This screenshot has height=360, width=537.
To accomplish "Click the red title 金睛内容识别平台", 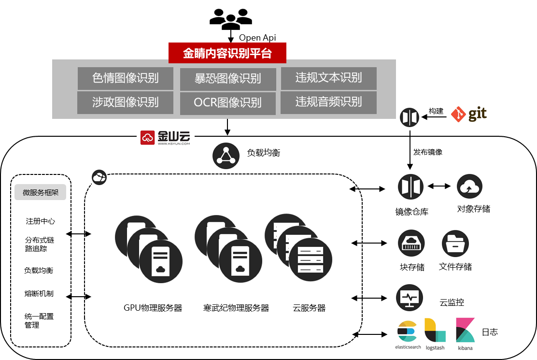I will coord(227,53).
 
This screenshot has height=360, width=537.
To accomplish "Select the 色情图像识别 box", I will coord(126,78).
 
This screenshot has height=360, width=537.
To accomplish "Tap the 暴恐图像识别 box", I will coord(228,79).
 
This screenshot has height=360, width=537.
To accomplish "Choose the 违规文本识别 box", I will coord(328,78).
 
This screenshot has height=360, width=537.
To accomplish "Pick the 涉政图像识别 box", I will coord(126,102).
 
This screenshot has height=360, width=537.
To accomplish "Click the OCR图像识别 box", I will coord(228,103).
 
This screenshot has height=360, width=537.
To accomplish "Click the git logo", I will coord(468,115).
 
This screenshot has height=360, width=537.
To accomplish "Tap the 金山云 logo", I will coord(166,136).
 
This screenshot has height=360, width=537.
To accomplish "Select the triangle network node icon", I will coord(226,156).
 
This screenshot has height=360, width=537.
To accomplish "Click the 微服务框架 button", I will coord(41,193).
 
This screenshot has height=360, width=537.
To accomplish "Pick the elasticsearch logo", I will coord(407,334).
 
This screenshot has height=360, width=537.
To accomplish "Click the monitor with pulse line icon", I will coord(410,298).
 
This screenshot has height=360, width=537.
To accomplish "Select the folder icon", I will coord(455,244).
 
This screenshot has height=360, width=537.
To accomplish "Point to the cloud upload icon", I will coord(469,187).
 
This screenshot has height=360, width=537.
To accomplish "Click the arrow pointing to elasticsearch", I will coord(382,334).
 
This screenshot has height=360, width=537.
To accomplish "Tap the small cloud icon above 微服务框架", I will coord(99,177).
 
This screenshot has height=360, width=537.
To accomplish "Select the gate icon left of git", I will coord(410,117).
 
